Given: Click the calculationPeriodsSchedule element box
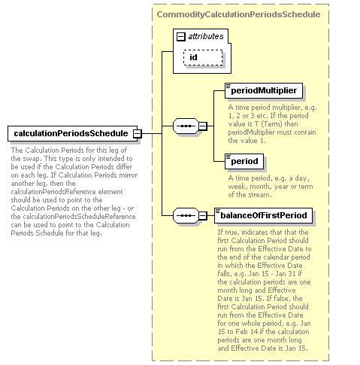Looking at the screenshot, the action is click(72, 133).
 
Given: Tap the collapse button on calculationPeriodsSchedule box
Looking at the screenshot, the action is click(137, 134).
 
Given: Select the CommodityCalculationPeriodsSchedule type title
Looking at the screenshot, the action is click(238, 14).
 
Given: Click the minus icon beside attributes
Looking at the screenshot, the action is click(181, 37).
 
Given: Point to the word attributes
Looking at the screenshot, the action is click(206, 37).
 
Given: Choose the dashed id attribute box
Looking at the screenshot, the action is click(203, 57).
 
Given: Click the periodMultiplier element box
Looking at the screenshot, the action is click(264, 90).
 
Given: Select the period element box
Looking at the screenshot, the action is click(244, 161).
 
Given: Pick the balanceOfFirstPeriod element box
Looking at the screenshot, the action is click(263, 215).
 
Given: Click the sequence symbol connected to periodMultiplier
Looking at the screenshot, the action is click(186, 126).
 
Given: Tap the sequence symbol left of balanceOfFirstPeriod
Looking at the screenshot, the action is click(186, 215).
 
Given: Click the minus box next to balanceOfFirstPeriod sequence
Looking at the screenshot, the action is click(203, 215).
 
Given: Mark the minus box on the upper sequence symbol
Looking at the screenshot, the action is click(203, 126).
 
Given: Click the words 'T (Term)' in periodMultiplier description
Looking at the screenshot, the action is click(265, 124).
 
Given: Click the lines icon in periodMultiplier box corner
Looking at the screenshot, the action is click(228, 87).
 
